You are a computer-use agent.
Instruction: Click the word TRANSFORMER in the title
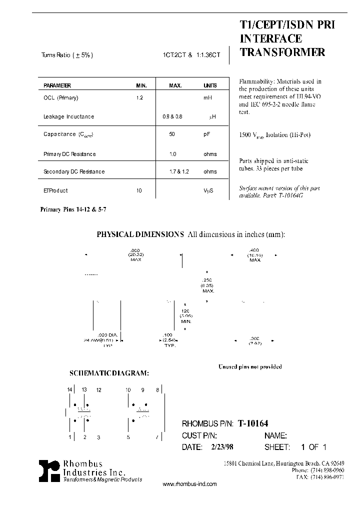(x=283, y=52)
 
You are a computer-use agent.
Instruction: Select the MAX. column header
(x=175, y=85)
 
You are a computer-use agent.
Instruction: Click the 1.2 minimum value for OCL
(x=139, y=98)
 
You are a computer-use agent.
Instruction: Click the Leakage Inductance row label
(x=69, y=116)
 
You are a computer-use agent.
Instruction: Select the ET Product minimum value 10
(x=139, y=190)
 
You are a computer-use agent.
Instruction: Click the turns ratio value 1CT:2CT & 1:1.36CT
(x=187, y=55)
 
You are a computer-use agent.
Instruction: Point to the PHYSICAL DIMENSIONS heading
(x=140, y=234)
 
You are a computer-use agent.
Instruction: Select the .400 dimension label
(x=254, y=249)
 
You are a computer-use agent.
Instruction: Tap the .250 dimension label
(x=208, y=280)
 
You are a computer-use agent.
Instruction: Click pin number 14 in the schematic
(x=70, y=389)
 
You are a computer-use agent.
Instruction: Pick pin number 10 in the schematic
(x=128, y=389)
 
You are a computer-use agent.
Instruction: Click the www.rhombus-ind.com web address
(x=190, y=484)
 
